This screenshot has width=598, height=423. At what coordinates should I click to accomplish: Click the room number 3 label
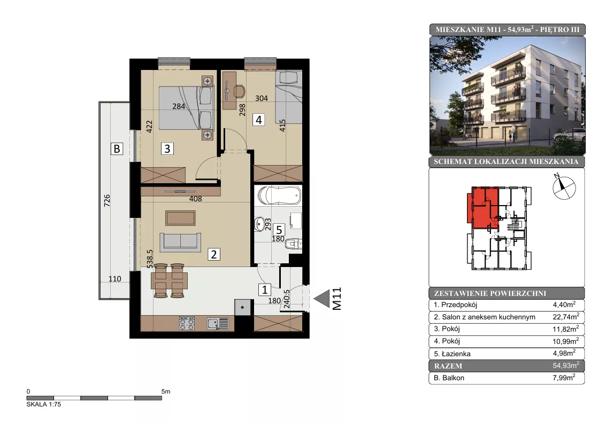click(x=167, y=148)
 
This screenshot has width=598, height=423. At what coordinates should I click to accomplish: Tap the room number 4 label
click(x=258, y=120)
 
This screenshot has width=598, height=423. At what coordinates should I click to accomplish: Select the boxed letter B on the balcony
click(x=117, y=148)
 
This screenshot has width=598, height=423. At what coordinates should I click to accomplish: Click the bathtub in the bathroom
click(x=279, y=196)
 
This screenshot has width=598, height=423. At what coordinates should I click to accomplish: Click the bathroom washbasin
click(x=259, y=224)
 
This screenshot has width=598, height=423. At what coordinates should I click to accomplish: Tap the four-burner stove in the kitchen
click(x=187, y=323)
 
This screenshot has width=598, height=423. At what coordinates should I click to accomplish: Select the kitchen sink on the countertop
click(x=218, y=324)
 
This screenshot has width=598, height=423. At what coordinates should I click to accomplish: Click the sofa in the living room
click(x=180, y=242)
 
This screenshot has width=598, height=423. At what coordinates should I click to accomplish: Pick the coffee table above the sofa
click(x=180, y=218)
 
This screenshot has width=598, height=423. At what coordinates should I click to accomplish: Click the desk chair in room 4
click(x=239, y=91)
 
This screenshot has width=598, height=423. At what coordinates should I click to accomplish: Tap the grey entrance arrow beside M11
click(x=321, y=299)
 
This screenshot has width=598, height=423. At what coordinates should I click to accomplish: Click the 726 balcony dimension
click(x=107, y=200)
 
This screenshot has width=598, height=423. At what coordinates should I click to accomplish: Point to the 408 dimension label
click(x=195, y=198)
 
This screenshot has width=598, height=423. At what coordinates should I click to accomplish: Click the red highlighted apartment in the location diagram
click(x=483, y=208)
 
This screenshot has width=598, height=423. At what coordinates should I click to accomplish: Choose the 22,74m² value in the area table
click(x=566, y=317)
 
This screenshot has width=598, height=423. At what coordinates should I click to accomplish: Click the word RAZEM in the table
click(x=448, y=366)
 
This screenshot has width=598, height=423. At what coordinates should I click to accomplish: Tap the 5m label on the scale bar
click(x=166, y=391)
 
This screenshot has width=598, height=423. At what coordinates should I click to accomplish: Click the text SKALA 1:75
click(x=44, y=404)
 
